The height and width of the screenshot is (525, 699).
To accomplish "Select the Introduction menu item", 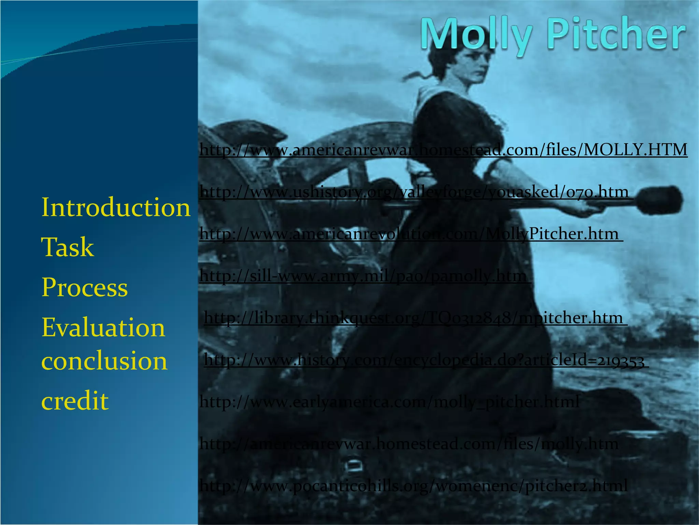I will click(x=116, y=207).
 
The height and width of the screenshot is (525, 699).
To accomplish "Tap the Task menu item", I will click(x=68, y=247).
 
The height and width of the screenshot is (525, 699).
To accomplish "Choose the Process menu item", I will click(x=85, y=287).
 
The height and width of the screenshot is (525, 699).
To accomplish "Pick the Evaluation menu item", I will click(x=103, y=327).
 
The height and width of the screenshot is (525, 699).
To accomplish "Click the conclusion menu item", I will click(x=104, y=361).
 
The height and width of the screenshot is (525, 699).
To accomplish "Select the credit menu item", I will click(x=75, y=401).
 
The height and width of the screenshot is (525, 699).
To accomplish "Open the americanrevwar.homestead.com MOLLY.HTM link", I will click(x=443, y=150).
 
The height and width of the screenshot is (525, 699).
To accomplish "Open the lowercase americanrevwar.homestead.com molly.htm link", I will click(x=409, y=444).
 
